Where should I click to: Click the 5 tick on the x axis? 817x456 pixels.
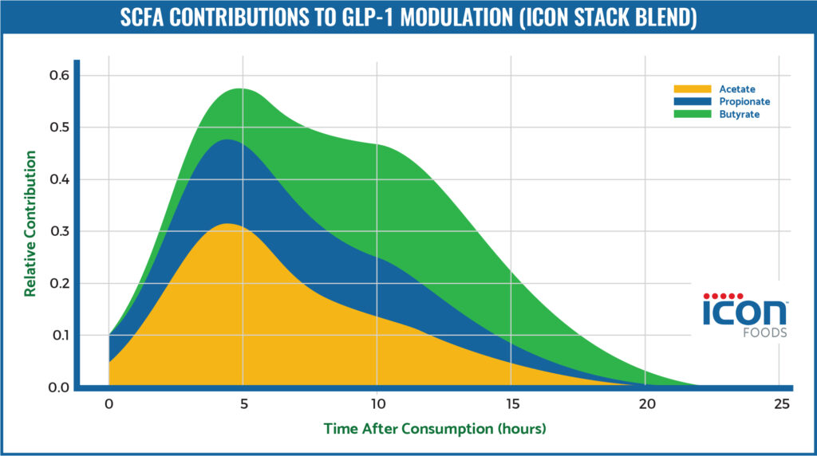(243, 404)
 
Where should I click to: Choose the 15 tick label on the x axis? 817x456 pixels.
(512, 404)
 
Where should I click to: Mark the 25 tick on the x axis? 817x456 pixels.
(782, 404)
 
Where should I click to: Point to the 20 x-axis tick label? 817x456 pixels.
(647, 404)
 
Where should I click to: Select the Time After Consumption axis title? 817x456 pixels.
(434, 429)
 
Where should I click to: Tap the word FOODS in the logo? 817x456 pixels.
(767, 333)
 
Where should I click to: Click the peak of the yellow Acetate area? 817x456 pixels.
(230, 225)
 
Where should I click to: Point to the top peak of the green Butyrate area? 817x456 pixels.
(239, 89)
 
